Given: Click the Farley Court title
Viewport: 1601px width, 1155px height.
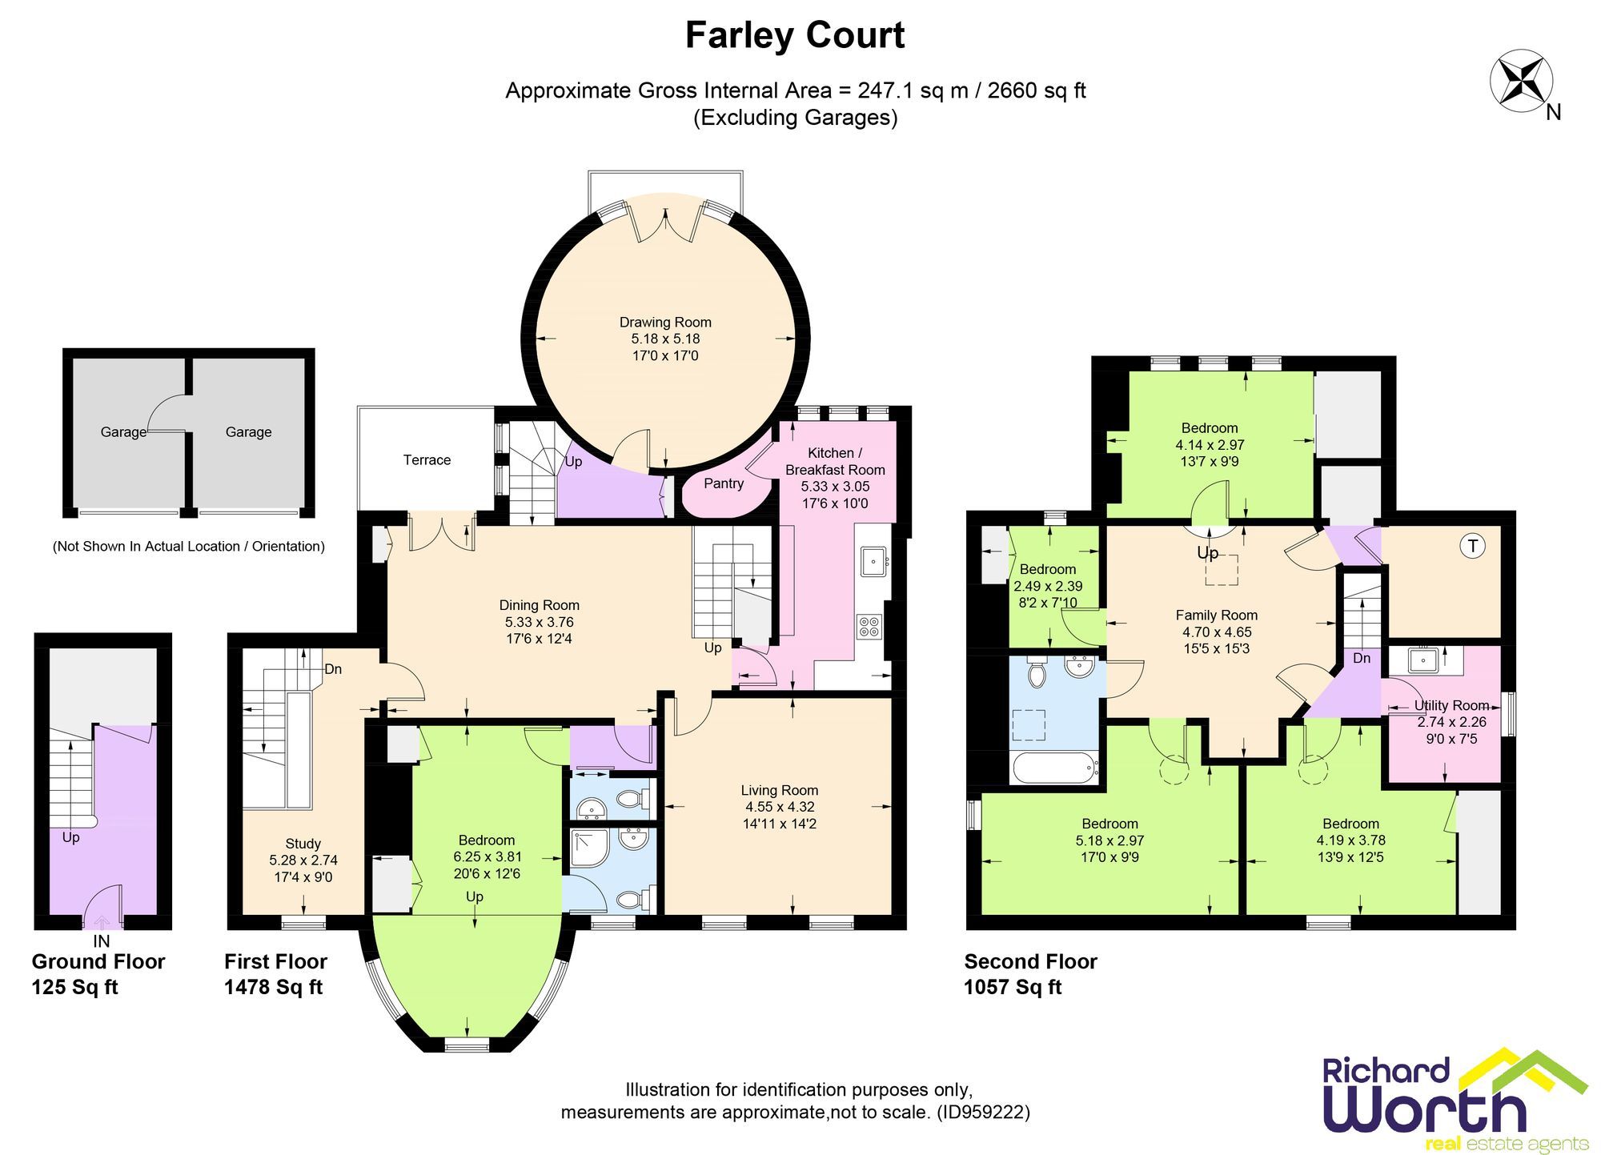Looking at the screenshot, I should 794,36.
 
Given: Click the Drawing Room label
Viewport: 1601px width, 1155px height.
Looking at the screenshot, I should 665,322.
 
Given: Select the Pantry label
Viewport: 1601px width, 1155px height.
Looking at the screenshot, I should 724,483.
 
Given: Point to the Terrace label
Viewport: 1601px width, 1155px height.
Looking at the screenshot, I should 427,459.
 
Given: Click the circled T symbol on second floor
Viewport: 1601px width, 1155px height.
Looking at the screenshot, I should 1472,546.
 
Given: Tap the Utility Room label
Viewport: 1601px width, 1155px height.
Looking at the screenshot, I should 1451,705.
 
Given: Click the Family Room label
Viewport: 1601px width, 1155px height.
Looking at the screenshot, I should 1216,615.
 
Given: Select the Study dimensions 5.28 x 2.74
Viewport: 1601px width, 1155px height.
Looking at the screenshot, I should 303,860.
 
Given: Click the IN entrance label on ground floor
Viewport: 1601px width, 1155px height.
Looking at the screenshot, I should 102,941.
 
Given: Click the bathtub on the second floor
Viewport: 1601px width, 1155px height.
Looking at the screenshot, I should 1054,768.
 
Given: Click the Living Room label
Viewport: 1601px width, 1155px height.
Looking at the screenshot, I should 779,790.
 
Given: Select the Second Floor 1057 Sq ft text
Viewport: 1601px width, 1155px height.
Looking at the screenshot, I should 1029,974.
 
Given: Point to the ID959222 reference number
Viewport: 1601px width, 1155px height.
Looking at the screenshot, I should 983,1112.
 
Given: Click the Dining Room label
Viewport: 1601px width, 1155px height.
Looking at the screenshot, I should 539,605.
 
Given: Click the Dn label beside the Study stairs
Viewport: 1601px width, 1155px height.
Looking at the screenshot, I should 333,669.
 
